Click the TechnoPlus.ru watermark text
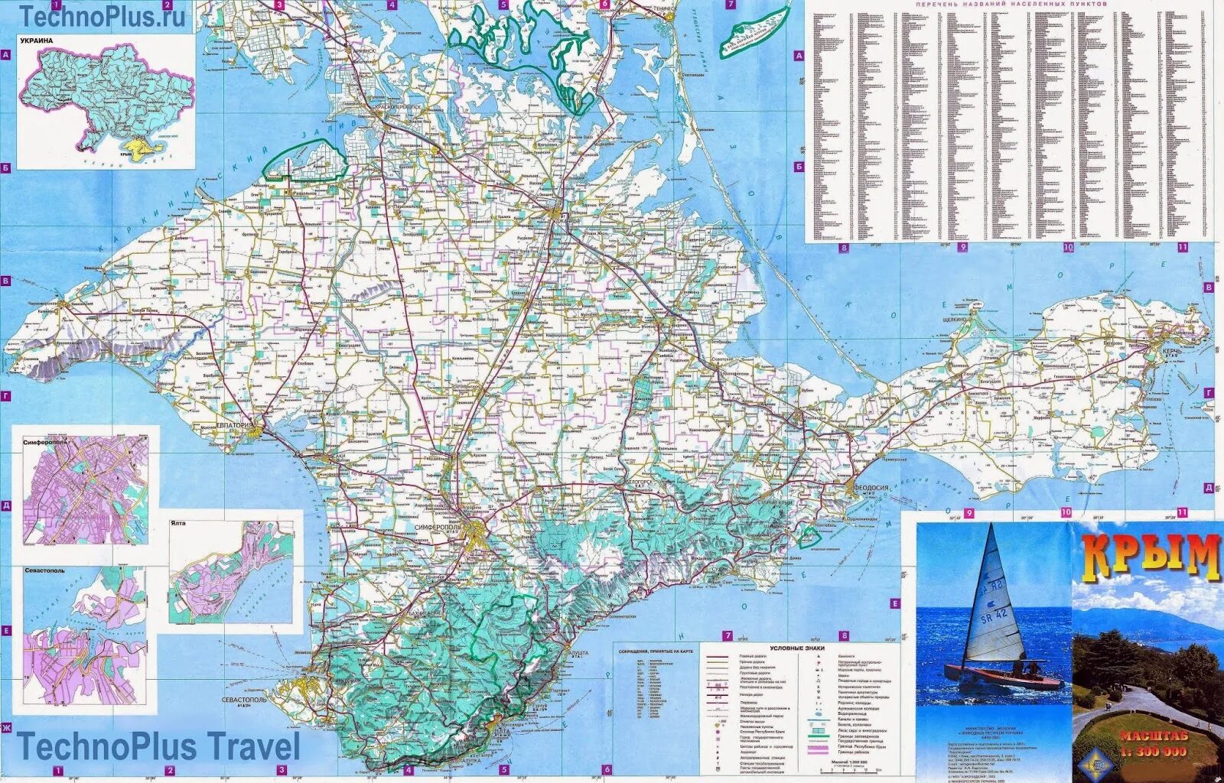[103, 15]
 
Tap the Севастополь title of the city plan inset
[44, 570]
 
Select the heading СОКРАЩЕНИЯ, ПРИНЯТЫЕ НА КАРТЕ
[656, 651]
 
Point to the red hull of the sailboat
[1002, 679]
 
